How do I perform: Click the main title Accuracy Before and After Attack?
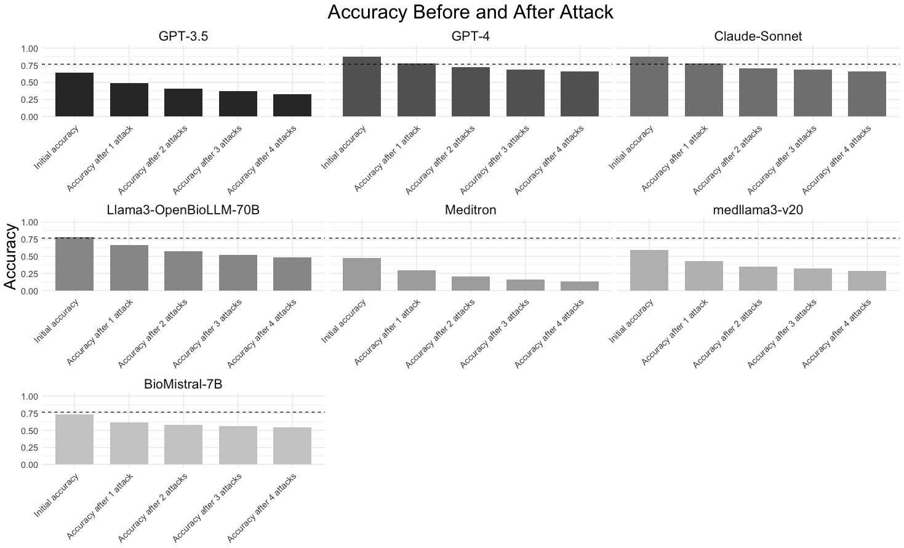tap(470, 12)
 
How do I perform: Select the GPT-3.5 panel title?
tap(183, 36)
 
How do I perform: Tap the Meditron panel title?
tap(470, 210)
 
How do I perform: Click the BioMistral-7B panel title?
tap(183, 384)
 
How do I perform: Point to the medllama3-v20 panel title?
tap(758, 210)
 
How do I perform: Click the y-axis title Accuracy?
tap(10, 256)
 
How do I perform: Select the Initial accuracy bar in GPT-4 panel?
tap(362, 87)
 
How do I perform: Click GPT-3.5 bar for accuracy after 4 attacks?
tap(292, 105)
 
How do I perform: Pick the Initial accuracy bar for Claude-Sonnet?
tap(649, 87)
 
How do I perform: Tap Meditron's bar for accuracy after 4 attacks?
tap(580, 286)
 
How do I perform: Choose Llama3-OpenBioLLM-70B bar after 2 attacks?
tap(183, 271)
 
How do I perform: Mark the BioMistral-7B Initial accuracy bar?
tap(74, 440)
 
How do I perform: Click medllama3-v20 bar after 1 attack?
tap(704, 276)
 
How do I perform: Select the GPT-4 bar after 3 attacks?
tap(525, 93)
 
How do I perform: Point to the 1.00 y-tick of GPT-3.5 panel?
tap(30, 49)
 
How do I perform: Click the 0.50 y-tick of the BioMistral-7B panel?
tap(30, 431)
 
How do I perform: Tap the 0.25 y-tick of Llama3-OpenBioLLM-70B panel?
tap(30, 274)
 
